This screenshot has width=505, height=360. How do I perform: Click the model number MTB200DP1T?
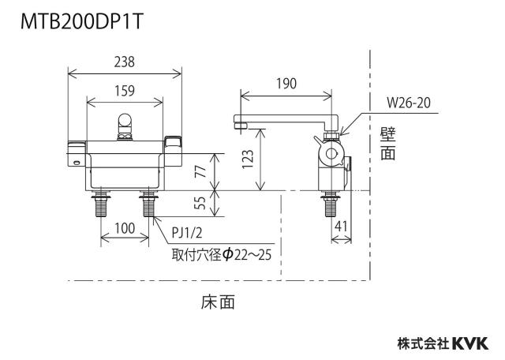click(x=81, y=22)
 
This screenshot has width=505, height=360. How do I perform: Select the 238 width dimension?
click(x=125, y=62)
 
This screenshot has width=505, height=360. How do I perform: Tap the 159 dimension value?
click(x=125, y=91)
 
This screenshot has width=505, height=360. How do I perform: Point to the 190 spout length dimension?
click(x=286, y=84)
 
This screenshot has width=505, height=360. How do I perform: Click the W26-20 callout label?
click(x=409, y=103)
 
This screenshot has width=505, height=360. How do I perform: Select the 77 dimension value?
click(x=200, y=171)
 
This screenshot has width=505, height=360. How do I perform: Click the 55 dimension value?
click(x=200, y=203)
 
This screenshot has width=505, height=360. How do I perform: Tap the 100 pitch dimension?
click(x=125, y=228)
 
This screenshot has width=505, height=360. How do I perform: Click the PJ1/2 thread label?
click(x=187, y=232)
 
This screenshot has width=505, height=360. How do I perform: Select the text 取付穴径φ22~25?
click(x=222, y=255)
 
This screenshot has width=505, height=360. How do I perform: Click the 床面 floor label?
click(x=218, y=302)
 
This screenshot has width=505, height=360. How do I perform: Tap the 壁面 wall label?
click(x=388, y=144)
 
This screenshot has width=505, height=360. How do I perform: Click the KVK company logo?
click(x=470, y=343)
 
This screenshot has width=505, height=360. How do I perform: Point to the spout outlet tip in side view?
click(x=238, y=125)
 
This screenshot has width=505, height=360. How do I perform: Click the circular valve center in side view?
click(x=331, y=154)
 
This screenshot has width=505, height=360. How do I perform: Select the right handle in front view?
click(x=173, y=151)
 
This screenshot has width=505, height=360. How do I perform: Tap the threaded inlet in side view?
click(x=331, y=204)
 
